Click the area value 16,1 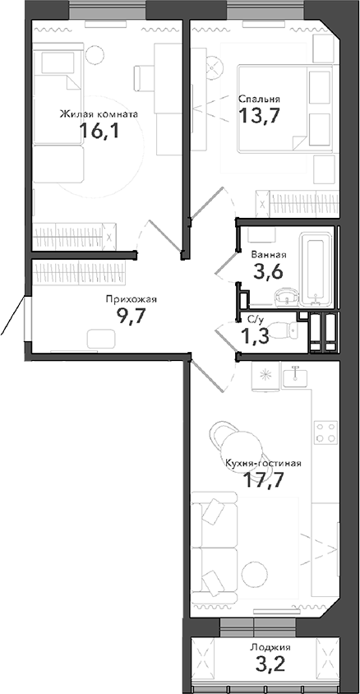coord(99,132)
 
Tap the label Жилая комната coord(98,114)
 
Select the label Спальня coord(254,98)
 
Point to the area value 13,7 coord(254,115)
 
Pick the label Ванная coord(269,255)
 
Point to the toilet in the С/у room coord(287,331)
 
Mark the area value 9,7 coord(130,318)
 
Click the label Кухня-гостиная coord(264,463)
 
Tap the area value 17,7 coord(264,481)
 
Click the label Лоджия coord(270,647)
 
